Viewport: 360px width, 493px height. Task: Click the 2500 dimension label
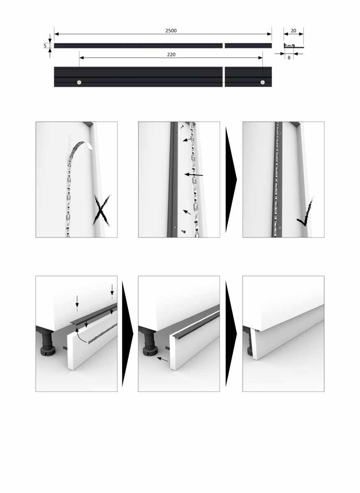pyautogui.click(x=171, y=30)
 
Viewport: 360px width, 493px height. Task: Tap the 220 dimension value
pyautogui.click(x=171, y=54)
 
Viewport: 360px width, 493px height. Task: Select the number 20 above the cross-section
pyautogui.click(x=293, y=30)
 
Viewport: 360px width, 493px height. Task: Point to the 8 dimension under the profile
pyautogui.click(x=289, y=58)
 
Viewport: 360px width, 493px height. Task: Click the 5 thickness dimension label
pyautogui.click(x=45, y=46)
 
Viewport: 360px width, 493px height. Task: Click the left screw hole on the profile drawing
pyautogui.click(x=79, y=82)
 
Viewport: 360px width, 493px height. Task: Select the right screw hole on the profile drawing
pyautogui.click(x=263, y=82)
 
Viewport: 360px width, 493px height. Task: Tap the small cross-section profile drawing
pyautogui.click(x=294, y=46)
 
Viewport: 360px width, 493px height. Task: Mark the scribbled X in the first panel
pyautogui.click(x=101, y=210)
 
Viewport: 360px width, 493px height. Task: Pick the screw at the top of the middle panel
pyautogui.click(x=182, y=127)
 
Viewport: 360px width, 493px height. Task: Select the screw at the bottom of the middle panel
pyautogui.click(x=183, y=231)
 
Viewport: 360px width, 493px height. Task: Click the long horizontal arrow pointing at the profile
pyautogui.click(x=194, y=175)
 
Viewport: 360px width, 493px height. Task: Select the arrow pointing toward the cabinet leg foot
pyautogui.click(x=162, y=359)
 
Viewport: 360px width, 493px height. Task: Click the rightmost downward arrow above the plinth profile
pyautogui.click(x=112, y=290)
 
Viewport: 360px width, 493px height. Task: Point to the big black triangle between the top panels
pyautogui.click(x=231, y=180)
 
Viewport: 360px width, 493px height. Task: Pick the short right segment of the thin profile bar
pyautogui.click(x=248, y=46)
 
